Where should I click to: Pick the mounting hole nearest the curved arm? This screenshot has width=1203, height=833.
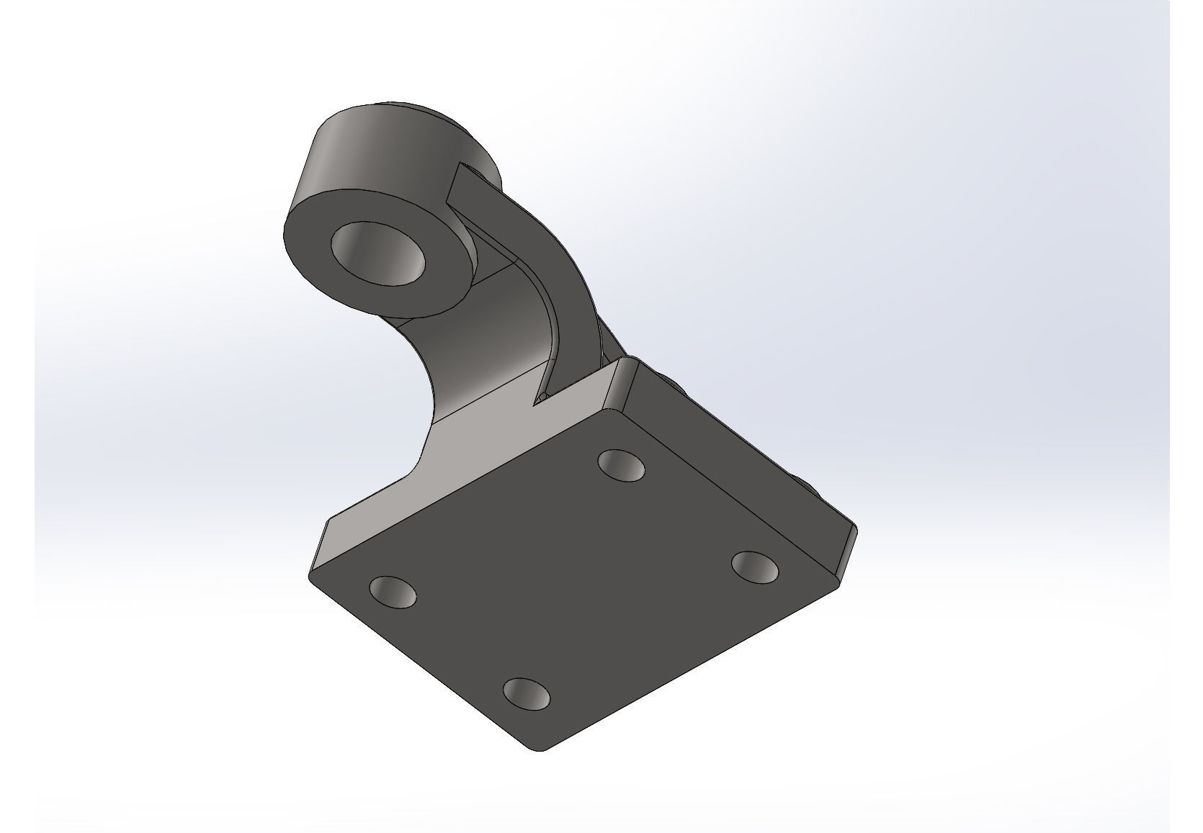621,465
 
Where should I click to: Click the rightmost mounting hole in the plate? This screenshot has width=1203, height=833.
755,567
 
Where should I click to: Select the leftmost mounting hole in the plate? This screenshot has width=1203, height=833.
393,591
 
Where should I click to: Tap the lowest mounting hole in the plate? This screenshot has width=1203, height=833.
526,694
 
